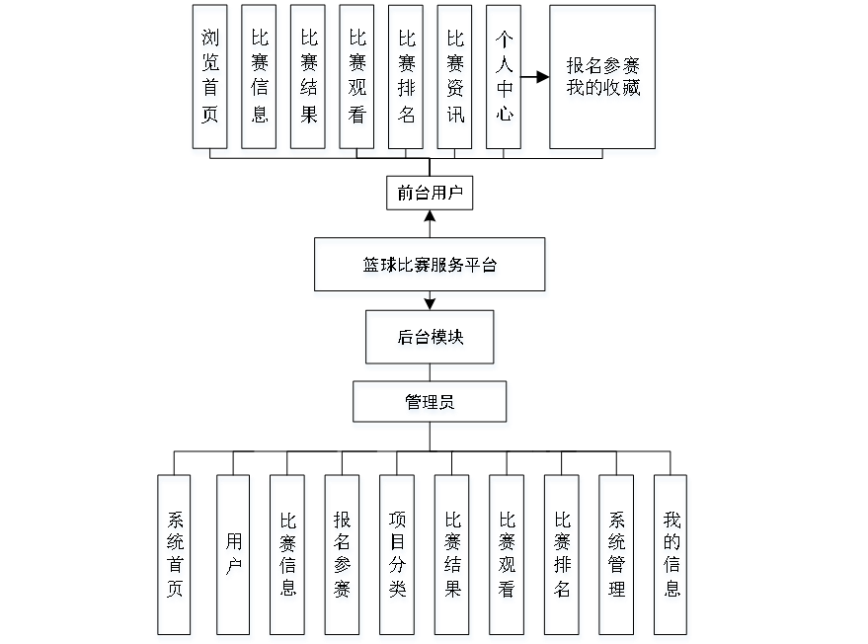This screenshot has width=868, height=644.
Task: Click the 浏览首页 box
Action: pyautogui.click(x=211, y=80)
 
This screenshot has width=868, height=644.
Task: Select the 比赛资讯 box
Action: pyautogui.click(x=455, y=80)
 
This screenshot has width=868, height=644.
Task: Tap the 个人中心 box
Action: pyautogui.click(x=505, y=80)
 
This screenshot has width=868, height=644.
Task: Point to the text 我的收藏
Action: pyautogui.click(x=603, y=92)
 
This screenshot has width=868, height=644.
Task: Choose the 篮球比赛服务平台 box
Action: pyautogui.click(x=430, y=268)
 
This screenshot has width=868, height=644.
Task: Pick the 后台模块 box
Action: pyautogui.click(x=431, y=340)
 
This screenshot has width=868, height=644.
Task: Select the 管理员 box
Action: pyautogui.click(x=431, y=404)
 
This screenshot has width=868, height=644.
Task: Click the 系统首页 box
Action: pyautogui.click(x=175, y=558)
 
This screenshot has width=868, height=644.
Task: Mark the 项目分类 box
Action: pyautogui.click(x=398, y=558)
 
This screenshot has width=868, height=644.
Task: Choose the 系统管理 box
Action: pyautogui.click(x=617, y=558)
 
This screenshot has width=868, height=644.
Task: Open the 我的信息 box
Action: pyautogui.click(x=671, y=558)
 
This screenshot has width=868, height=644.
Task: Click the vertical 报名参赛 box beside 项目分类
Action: pyautogui.click(x=343, y=558)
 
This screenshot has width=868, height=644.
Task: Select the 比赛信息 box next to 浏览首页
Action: pyautogui.click(x=261, y=80)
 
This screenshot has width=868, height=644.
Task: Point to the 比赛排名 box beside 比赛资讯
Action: pyautogui.click(x=407, y=80)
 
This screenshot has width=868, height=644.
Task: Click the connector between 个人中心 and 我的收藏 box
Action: pyautogui.click(x=536, y=76)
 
